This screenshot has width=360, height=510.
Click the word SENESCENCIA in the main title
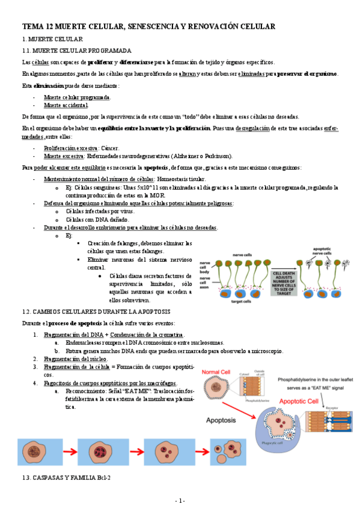[151, 26]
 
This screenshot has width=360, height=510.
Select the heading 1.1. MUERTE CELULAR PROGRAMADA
[81, 51]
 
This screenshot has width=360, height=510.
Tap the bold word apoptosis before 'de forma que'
[156, 167]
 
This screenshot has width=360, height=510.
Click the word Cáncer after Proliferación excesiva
[109, 147]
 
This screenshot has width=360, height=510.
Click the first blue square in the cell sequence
[38, 452]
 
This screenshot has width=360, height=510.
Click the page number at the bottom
[180, 500]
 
